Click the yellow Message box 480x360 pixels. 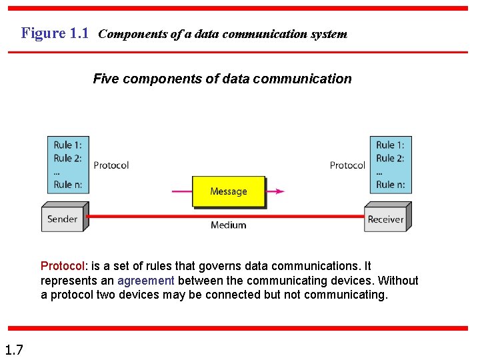[x=228, y=191]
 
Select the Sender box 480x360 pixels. [x=62, y=219]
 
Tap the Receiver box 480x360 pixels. [x=385, y=219]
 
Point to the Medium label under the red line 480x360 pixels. [x=228, y=225]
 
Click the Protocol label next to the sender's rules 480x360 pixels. [x=111, y=165]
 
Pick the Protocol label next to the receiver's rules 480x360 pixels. [x=347, y=165]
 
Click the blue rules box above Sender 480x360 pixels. [x=68, y=165]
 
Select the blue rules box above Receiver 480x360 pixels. [x=390, y=165]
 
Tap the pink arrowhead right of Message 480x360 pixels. [x=279, y=191]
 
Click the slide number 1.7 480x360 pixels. [x=13, y=349]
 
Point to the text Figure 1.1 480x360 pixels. [x=55, y=33]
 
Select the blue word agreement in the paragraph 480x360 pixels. [x=145, y=281]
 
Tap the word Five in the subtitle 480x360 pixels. [x=105, y=79]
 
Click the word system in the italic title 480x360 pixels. [x=327, y=34]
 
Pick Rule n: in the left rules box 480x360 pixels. [x=68, y=185]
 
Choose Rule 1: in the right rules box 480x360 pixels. [x=390, y=145]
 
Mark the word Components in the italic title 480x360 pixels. [x=129, y=34]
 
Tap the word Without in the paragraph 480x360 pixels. [x=398, y=281]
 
